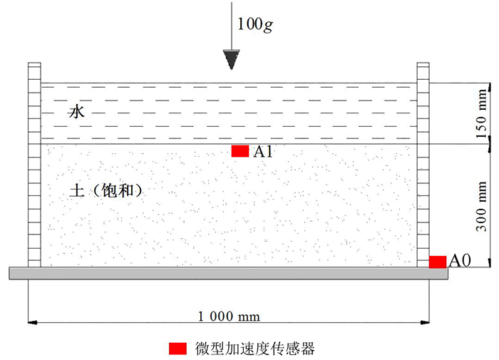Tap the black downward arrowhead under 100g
coord(230,59)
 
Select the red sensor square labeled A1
coord(240,150)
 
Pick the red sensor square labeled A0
coord(438,261)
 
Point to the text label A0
coord(459,261)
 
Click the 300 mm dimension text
coord(481,207)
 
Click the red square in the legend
coord(178,349)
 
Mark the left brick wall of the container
coord(34,164)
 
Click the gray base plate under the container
coord(228,273)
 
